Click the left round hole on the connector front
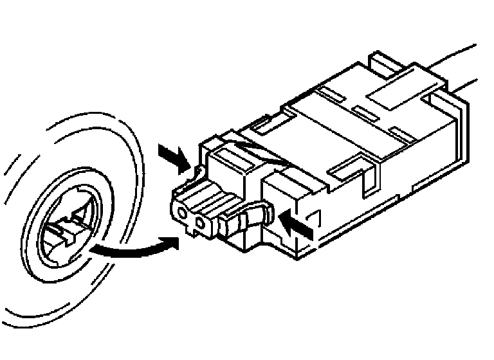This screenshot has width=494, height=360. [x=183, y=212]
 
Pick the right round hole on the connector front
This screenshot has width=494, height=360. [x=201, y=224]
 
